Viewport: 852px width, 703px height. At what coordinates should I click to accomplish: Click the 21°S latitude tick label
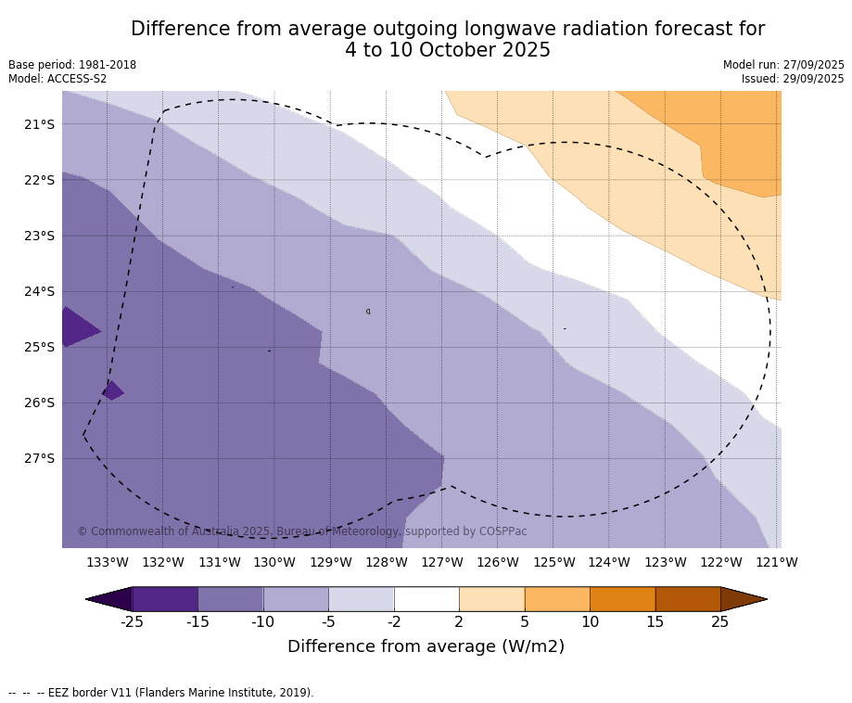(x=39, y=124)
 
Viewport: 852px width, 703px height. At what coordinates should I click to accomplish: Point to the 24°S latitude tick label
(x=39, y=291)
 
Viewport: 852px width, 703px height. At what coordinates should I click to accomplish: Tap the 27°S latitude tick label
(x=39, y=458)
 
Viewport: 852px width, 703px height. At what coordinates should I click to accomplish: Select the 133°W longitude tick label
(x=107, y=562)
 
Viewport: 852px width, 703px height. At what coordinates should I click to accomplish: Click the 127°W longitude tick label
(x=442, y=562)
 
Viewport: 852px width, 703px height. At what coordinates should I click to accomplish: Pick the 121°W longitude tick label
(x=777, y=562)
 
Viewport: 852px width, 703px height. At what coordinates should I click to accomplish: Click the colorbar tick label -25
(x=133, y=622)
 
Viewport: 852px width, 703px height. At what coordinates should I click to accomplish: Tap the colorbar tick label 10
(x=590, y=622)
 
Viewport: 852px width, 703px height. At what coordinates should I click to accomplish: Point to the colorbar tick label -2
(x=394, y=622)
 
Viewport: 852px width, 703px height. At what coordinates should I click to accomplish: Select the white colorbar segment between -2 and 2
(x=426, y=599)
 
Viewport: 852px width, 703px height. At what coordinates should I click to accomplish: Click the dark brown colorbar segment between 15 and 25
(x=688, y=599)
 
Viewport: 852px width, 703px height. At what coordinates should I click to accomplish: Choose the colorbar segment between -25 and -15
(x=165, y=599)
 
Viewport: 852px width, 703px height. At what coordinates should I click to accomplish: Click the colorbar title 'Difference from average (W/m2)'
(x=426, y=646)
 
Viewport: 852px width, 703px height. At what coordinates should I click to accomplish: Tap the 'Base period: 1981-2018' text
(x=72, y=65)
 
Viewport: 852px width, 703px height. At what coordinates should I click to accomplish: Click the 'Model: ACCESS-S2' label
(x=57, y=79)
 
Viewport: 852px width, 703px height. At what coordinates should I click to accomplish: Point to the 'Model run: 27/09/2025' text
(x=783, y=65)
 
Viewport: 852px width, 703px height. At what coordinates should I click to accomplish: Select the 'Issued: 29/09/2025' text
(x=793, y=79)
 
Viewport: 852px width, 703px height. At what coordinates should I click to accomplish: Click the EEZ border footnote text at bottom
(x=161, y=693)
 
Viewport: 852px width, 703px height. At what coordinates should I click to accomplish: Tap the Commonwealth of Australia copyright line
(x=301, y=531)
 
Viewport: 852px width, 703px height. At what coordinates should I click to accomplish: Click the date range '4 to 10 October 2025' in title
(x=448, y=51)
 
